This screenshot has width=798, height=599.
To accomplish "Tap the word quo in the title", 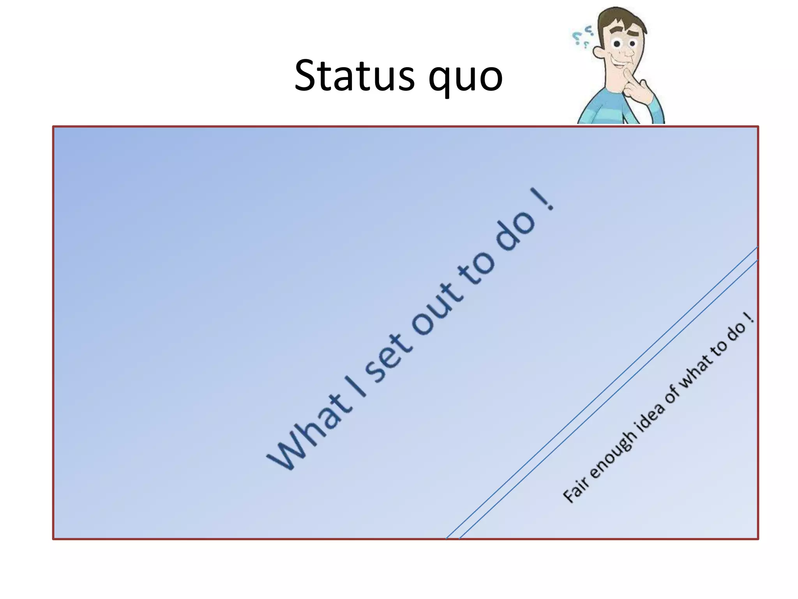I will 465,78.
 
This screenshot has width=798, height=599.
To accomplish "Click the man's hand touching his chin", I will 639,90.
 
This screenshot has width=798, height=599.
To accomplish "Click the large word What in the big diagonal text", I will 308,433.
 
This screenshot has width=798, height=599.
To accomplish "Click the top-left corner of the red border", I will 53,127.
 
